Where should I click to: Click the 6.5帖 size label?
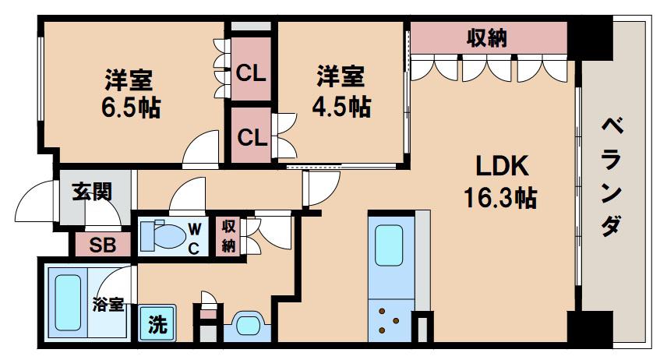(x=131, y=108)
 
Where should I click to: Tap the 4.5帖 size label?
(x=341, y=107)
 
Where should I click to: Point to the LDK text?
(x=502, y=166)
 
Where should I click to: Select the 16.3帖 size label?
(x=500, y=198)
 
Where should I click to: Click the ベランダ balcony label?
(x=612, y=178)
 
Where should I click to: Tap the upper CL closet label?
(x=251, y=73)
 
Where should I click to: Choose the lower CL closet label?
(x=252, y=137)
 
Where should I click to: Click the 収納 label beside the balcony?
(x=487, y=38)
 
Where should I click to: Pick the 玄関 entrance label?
(x=92, y=192)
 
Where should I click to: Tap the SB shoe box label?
(x=103, y=245)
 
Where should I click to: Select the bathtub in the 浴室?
(x=68, y=302)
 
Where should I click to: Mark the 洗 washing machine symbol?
(x=157, y=324)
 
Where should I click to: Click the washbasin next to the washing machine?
(x=247, y=326)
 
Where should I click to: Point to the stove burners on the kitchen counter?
(x=389, y=320)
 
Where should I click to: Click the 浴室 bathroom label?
(x=108, y=304)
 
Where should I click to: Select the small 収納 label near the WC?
(x=229, y=236)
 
